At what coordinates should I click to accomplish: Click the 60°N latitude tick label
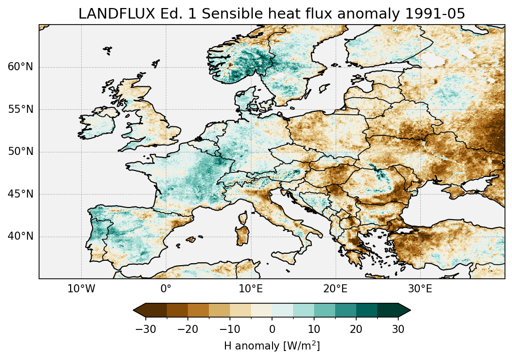coord(20,67)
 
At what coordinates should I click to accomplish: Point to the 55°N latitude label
coord(20,109)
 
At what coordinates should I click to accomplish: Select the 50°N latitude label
coord(20,151)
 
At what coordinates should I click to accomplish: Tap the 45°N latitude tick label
coord(20,194)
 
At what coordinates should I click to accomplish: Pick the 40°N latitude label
coord(20,236)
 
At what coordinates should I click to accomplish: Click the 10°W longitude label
coord(81,289)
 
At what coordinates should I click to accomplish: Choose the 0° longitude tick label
coord(166,289)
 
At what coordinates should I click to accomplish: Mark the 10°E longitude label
coord(250,289)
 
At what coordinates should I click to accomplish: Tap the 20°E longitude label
coord(335,289)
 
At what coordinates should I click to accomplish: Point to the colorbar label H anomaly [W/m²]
coord(272,346)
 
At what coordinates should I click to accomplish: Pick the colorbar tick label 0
coord(272,329)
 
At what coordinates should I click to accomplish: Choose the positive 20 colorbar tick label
coord(356,329)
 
